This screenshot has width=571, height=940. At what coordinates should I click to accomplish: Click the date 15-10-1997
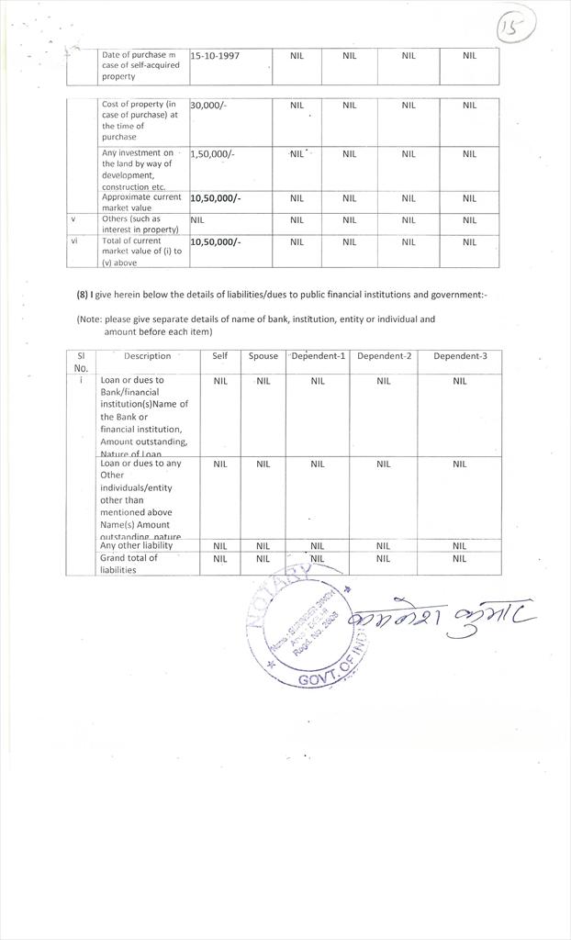pos(215,56)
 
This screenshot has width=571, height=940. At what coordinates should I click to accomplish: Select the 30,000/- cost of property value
pos(208,106)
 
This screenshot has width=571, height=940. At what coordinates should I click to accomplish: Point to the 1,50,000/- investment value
pos(212,154)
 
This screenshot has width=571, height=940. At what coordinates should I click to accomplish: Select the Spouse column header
pos(263,356)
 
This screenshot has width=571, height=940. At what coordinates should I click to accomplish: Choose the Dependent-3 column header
pos(460,356)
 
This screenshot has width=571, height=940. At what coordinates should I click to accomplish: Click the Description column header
pos(147,356)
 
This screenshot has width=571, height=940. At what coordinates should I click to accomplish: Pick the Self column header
pos(220,356)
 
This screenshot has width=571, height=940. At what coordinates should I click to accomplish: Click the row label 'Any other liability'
pos(136,546)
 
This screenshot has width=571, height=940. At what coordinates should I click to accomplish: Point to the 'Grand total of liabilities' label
pos(129,564)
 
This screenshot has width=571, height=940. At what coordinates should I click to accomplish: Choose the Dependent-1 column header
pos(318,356)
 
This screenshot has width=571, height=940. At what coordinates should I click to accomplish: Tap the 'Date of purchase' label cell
pos(140,65)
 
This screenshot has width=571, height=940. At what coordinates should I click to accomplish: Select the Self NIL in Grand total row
pos(220,559)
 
